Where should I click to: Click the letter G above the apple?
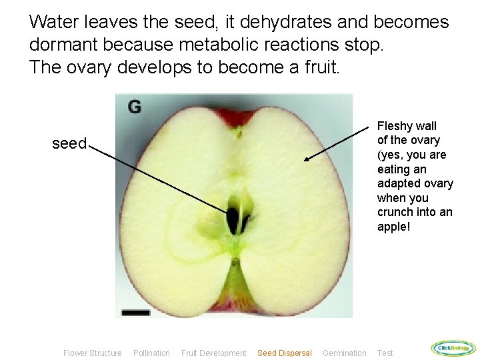(135, 107)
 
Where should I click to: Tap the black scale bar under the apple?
(136, 311)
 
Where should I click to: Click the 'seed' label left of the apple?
(69, 144)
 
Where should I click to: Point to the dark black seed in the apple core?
(233, 219)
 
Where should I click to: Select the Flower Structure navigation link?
(92, 353)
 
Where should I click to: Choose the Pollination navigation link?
(151, 353)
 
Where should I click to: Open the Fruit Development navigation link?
(213, 353)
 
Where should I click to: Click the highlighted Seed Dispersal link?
(284, 353)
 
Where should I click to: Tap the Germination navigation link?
(344, 353)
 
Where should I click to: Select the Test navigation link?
(385, 353)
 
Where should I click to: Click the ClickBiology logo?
(453, 348)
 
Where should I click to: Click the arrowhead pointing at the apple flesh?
(308, 159)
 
